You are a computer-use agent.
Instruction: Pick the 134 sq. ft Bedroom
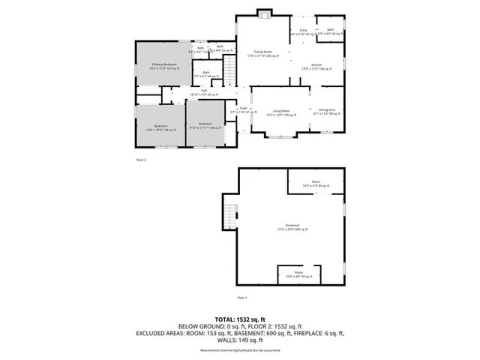pos(160,127)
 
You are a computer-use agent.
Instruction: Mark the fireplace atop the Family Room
pos(262,13)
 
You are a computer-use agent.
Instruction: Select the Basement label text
pos(292,227)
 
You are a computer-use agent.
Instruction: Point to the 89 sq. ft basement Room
pos(316,184)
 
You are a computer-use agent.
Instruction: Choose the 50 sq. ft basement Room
pos(299,274)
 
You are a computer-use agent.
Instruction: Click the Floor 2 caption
pos(140,160)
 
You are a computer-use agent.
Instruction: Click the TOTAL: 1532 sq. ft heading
pos(239,318)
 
